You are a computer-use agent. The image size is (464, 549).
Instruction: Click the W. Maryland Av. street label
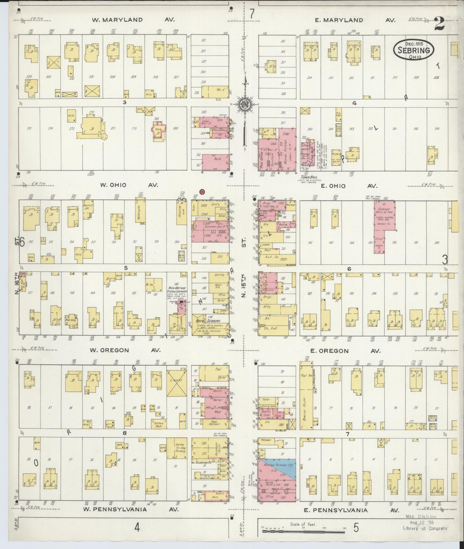coord(133,20)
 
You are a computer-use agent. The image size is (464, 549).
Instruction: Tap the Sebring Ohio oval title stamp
coord(414,50)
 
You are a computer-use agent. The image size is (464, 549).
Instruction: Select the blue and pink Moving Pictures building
coord(276,468)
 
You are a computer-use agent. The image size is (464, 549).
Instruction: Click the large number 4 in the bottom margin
coord(137,527)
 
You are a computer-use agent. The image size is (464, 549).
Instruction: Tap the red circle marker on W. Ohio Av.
coord(202,192)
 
